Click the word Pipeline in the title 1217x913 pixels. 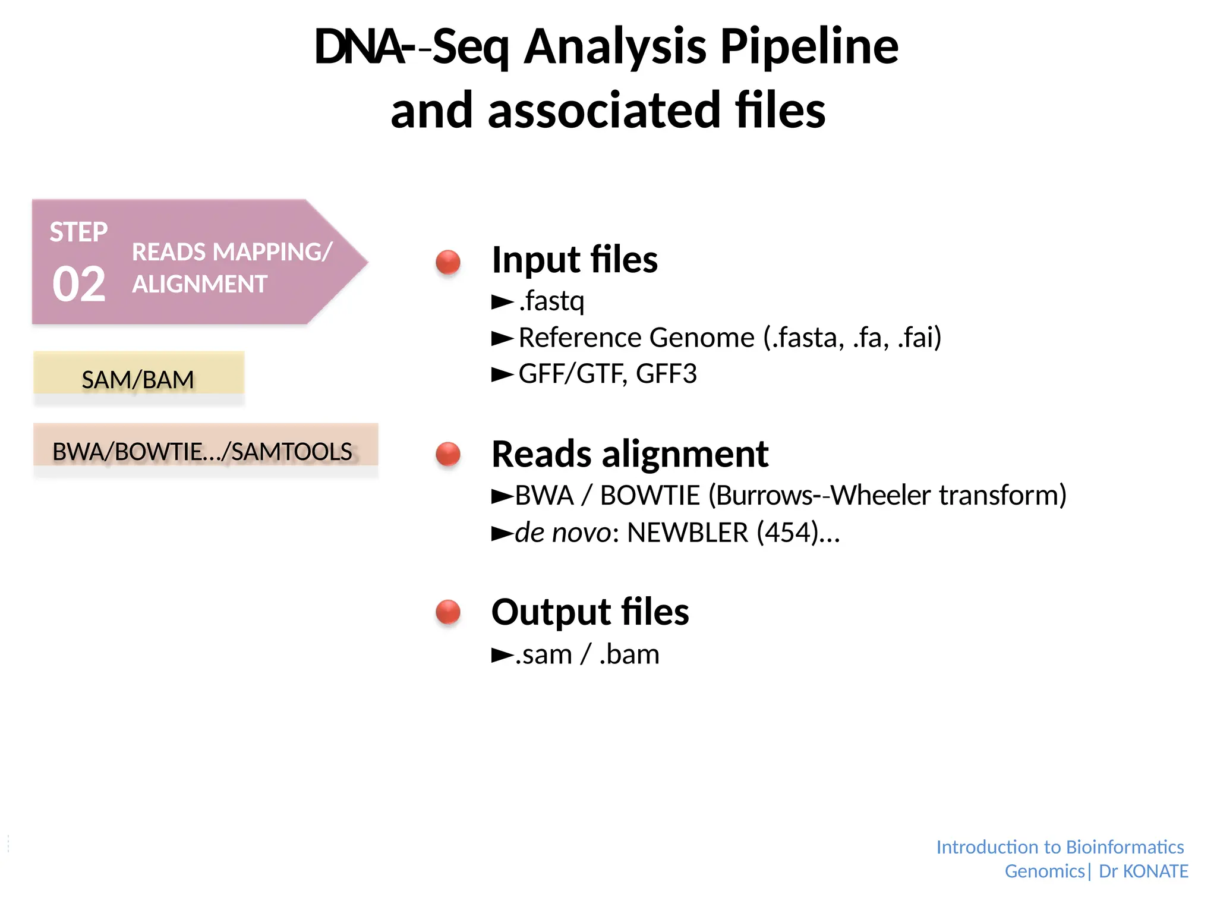coord(809,48)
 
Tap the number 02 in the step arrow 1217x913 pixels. coord(79,285)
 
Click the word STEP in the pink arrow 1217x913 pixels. coord(78,232)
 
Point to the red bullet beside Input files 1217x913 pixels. coord(448,262)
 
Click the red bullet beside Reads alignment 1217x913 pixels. coord(448,455)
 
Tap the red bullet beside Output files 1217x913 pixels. coord(448,612)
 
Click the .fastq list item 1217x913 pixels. coord(551,301)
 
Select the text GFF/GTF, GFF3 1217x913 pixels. coord(607,374)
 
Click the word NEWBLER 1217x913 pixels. coord(688,533)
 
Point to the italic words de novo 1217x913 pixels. coord(562,533)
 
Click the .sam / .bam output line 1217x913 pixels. coord(587,654)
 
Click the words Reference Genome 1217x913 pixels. coord(636,338)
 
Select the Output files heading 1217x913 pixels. coord(590,612)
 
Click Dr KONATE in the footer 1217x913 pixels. coord(1143,871)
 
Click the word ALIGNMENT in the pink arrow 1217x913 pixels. coord(200,285)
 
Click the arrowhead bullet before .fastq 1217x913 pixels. coord(502,303)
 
